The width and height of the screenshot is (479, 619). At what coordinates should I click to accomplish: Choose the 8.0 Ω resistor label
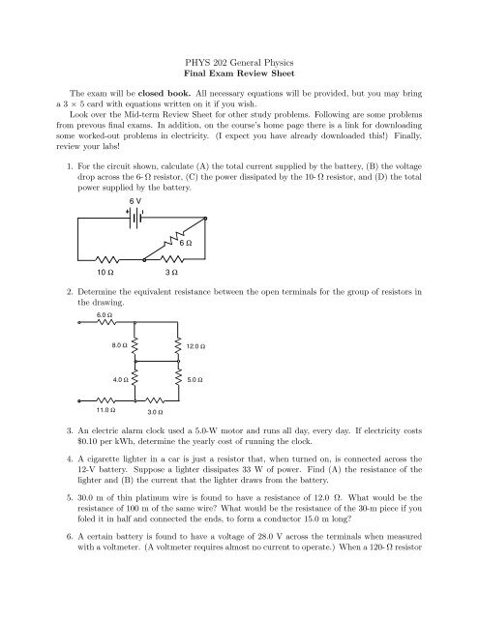[119, 345]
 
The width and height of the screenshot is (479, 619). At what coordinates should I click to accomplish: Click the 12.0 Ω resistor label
[196, 345]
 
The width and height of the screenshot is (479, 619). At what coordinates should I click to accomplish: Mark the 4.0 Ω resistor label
[119, 380]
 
